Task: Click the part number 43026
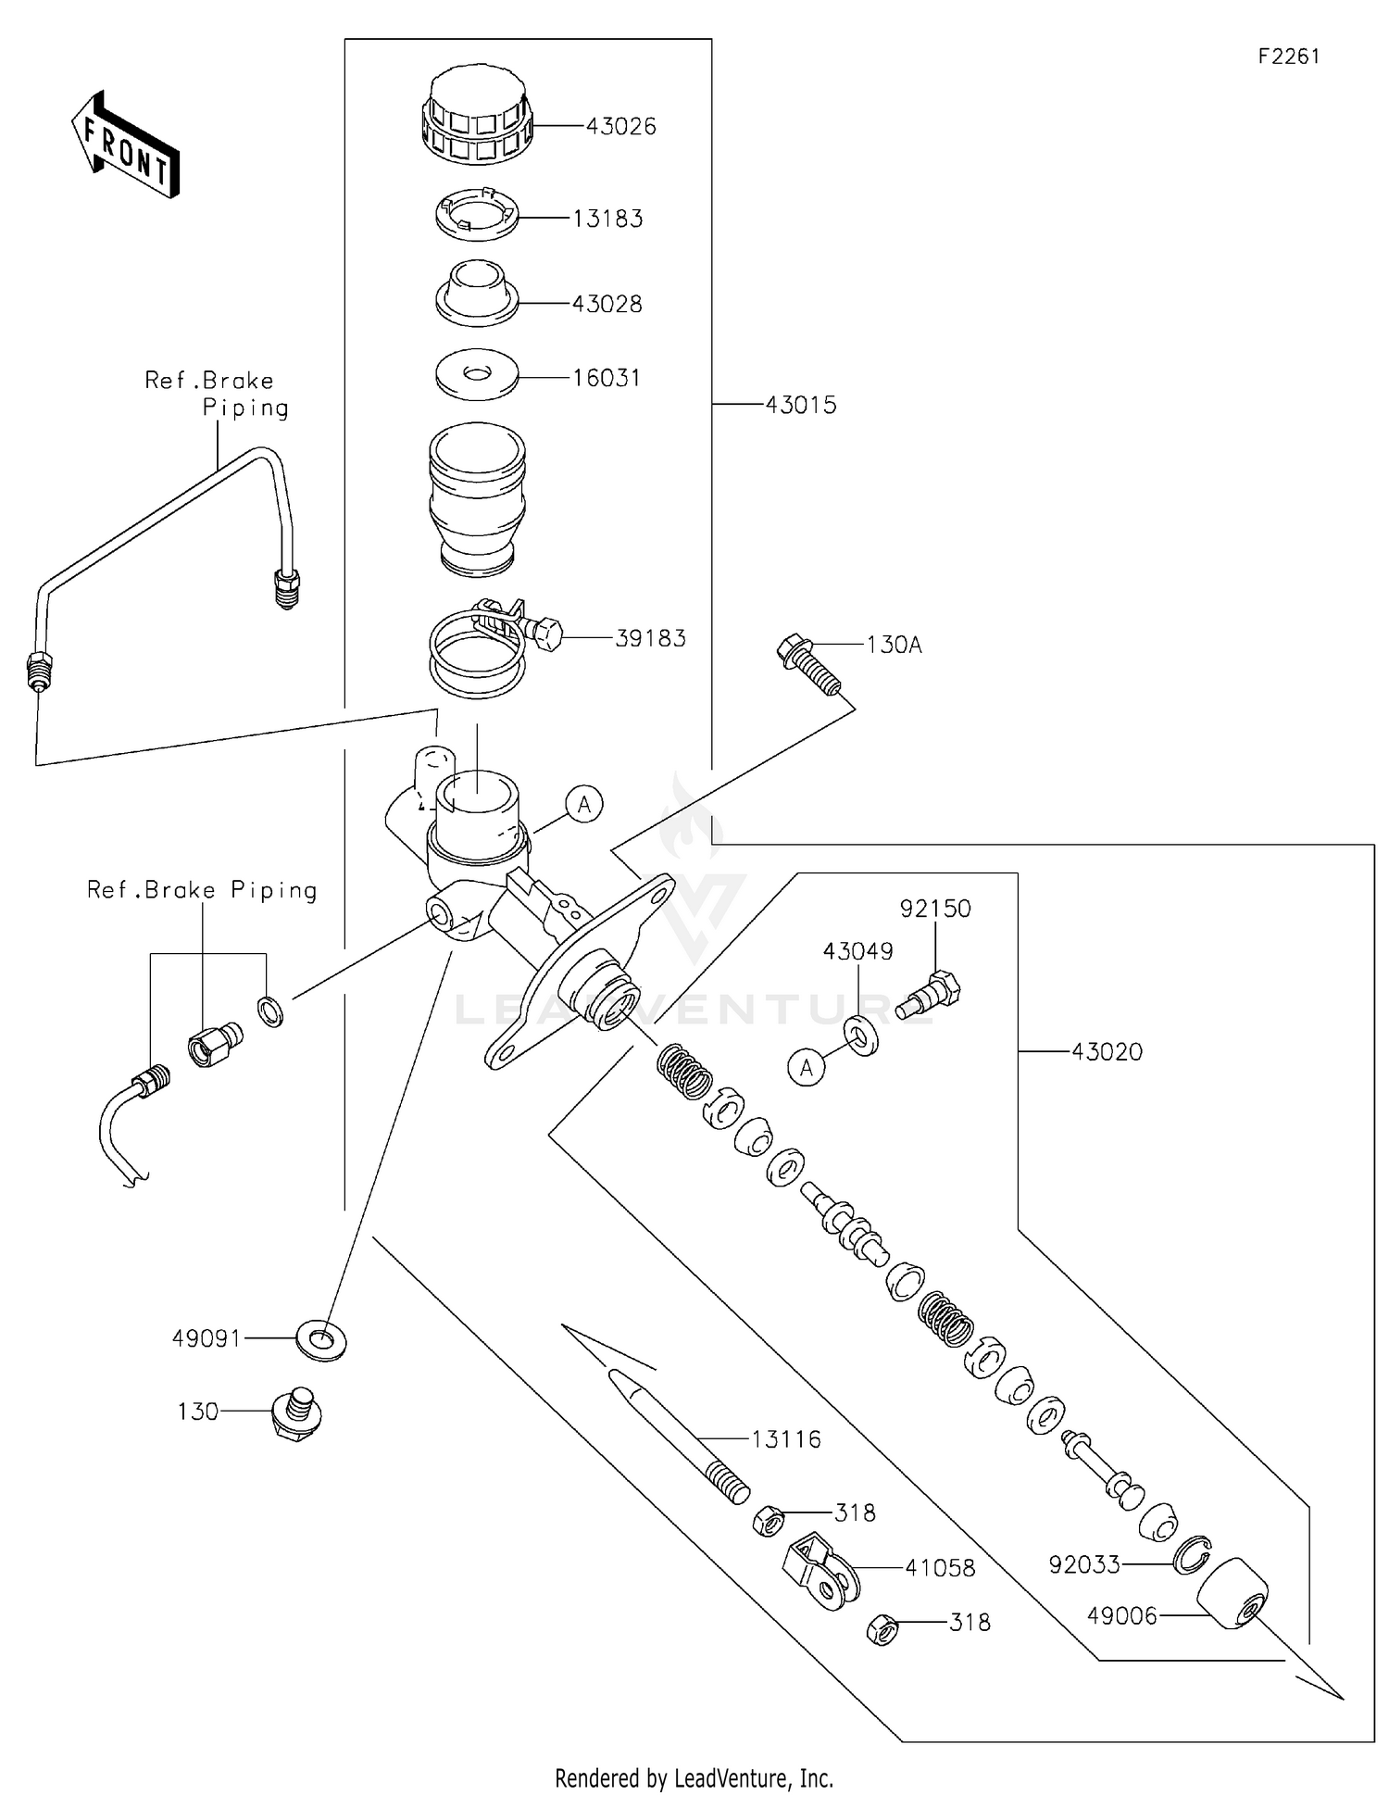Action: (x=620, y=126)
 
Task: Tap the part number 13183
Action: (x=607, y=219)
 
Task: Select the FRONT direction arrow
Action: (x=126, y=144)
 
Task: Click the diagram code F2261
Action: (x=1289, y=56)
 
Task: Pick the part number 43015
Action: (x=801, y=405)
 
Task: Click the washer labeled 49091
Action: (x=320, y=1338)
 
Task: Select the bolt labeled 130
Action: (x=294, y=1412)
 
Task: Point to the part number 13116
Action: (x=785, y=1439)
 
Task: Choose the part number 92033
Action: (x=1084, y=1564)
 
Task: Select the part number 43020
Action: (x=1107, y=1051)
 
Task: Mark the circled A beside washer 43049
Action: (x=807, y=1068)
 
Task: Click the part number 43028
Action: (x=607, y=304)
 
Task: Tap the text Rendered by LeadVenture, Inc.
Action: (x=694, y=1777)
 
